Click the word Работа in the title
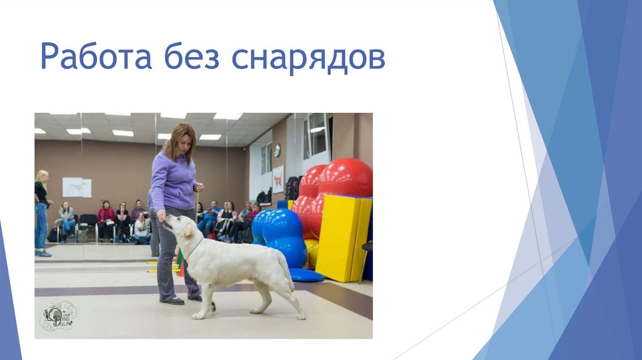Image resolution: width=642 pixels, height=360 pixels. (x=96, y=57)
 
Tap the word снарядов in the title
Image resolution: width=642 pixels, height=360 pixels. (x=308, y=58)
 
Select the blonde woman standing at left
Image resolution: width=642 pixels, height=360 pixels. (x=41, y=212)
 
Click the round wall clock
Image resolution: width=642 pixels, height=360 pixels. (x=277, y=150)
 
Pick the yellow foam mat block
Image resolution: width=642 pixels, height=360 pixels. (x=342, y=238)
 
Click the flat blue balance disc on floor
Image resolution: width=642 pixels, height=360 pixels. (x=305, y=275)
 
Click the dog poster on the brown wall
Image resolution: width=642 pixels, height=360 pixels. (x=76, y=187)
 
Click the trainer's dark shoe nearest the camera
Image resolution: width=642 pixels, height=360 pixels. (x=172, y=300)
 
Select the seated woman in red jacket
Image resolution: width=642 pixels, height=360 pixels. (x=106, y=217)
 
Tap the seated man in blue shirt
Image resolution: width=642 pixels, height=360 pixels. (x=209, y=217)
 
